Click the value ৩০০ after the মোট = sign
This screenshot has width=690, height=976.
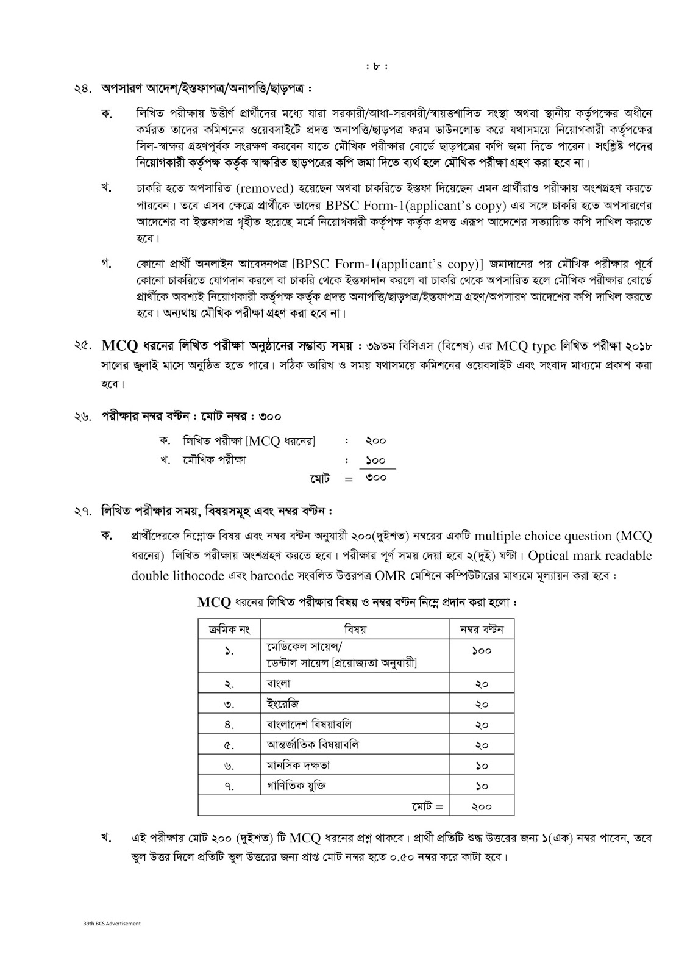[376, 478]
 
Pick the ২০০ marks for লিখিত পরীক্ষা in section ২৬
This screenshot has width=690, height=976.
[376, 440]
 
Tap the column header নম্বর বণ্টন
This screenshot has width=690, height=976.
[482, 629]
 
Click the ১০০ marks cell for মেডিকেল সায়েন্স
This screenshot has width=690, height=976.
[482, 651]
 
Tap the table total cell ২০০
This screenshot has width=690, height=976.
[482, 806]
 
